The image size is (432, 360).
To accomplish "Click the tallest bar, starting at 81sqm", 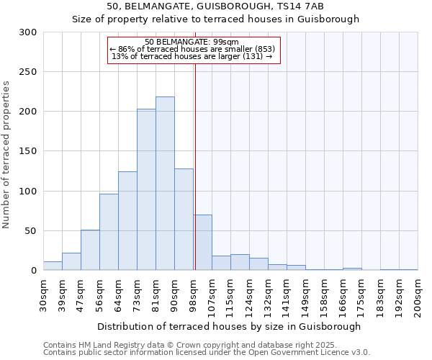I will pos(165,184).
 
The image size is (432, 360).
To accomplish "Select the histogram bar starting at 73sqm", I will pos(146,189).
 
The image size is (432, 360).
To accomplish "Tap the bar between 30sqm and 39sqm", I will pos(53,266).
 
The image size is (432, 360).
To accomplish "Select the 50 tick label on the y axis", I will pos(30,231).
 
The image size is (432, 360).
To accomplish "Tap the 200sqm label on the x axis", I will pos(418,294).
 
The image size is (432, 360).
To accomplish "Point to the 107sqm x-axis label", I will pos(212,294).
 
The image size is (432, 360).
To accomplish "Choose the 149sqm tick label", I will pos(305,294).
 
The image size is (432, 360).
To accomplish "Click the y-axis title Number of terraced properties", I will pos(7,154).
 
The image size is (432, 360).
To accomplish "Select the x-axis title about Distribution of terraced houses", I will pos(230,326).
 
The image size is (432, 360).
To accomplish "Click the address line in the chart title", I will pos(215,6).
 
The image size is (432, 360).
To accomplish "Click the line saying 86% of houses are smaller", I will pos(192,49).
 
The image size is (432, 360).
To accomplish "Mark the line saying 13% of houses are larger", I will pos(192,56).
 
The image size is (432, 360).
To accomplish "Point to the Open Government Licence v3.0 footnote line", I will pos(206,352).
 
